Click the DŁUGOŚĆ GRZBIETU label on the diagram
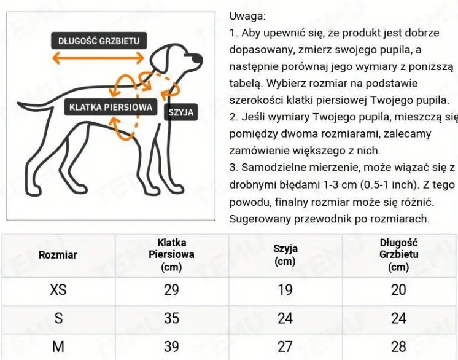coord(99,41)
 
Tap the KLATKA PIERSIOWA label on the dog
coord(111,107)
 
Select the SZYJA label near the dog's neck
coord(180,112)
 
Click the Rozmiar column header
coord(58,254)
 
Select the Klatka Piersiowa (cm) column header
coord(171,254)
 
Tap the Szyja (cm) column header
coord(285,254)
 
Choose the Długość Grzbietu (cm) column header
coord(398,254)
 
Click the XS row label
coord(58,289)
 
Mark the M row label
coord(58,346)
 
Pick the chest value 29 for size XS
coord(171,289)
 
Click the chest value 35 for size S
coord(171,318)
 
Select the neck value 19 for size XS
coord(285,289)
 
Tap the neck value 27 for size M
coord(285,346)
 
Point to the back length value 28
coord(398,346)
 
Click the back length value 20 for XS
coord(398,289)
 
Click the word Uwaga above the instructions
coord(247,16)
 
